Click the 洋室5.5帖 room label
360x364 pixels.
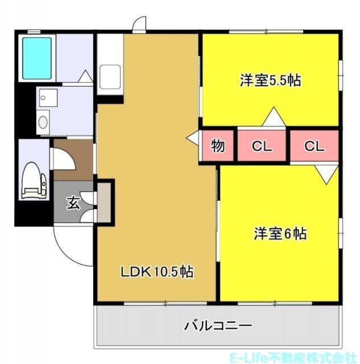click(270, 81)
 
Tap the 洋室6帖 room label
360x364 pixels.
click(280, 233)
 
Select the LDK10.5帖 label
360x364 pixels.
click(156, 272)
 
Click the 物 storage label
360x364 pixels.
click(218, 146)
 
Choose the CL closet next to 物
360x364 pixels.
click(262, 146)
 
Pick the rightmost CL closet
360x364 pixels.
click(314, 146)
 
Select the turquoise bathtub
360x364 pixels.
click(38, 57)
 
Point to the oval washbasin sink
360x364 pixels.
click(42, 121)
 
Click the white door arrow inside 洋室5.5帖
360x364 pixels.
click(274, 118)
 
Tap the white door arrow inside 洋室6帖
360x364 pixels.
click(326, 174)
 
